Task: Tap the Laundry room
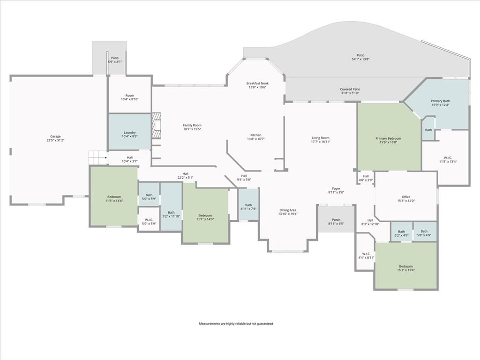129,133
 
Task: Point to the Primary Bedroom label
388,138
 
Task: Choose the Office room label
405,197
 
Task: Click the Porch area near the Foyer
336,220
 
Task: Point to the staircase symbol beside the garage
97,157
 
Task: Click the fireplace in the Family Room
157,126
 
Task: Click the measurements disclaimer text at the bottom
236,324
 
